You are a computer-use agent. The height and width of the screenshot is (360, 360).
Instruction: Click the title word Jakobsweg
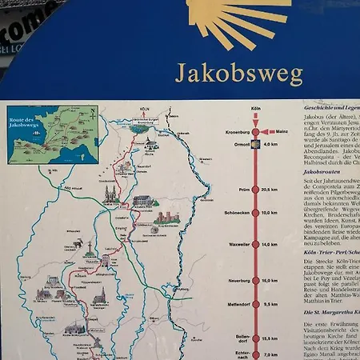click(x=238, y=74)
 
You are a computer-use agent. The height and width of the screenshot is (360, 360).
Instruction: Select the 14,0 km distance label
click(x=269, y=245)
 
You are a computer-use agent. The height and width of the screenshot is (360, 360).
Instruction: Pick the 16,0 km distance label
click(x=269, y=281)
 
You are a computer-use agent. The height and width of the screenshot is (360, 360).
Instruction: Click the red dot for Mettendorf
click(x=256, y=305)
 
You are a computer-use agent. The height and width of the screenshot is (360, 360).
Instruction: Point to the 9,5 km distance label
click(x=269, y=305)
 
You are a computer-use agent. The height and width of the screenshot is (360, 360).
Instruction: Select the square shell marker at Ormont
click(x=256, y=145)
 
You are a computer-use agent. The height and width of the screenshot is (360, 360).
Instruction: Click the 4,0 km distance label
click(x=270, y=145)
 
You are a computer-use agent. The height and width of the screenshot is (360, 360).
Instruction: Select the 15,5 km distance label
click(x=269, y=339)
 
